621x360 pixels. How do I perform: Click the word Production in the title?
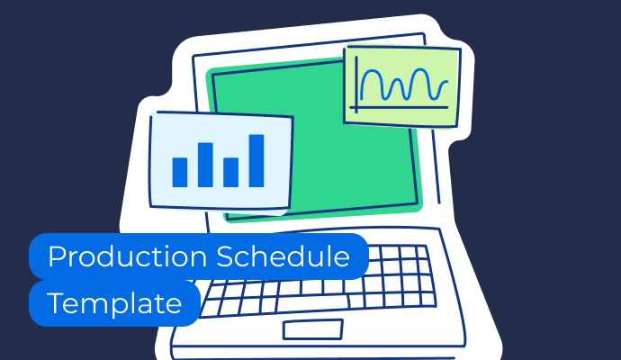click(128, 256)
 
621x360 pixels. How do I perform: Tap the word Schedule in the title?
click(283, 256)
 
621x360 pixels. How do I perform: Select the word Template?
click(114, 304)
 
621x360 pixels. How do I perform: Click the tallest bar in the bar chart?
click(256, 161)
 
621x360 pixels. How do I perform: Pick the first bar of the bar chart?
click(180, 172)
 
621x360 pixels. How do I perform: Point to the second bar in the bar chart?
click(205, 165)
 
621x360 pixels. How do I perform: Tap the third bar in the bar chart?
click(231, 172)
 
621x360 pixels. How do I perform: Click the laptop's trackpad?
click(313, 329)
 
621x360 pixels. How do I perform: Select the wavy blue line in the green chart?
click(404, 85)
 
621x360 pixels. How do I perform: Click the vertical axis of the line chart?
click(356, 85)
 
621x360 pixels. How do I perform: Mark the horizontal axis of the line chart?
click(399, 107)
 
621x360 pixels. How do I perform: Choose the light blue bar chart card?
click(221, 163)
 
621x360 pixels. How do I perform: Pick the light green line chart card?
click(401, 86)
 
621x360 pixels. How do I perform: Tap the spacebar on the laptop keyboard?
click(313, 303)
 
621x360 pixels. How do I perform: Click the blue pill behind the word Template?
click(114, 303)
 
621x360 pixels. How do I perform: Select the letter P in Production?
click(57, 256)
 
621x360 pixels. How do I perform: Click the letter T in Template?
click(56, 303)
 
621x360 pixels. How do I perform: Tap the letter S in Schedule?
click(225, 256)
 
